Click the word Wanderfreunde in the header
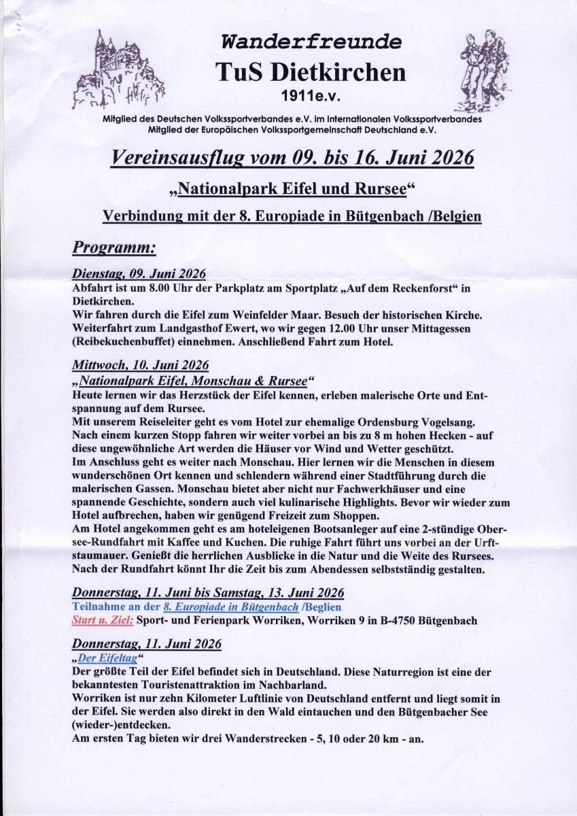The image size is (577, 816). click(311, 42)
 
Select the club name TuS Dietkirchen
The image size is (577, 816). click(311, 73)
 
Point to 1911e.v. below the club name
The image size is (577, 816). click(311, 98)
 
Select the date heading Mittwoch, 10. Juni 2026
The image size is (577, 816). click(140, 364)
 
